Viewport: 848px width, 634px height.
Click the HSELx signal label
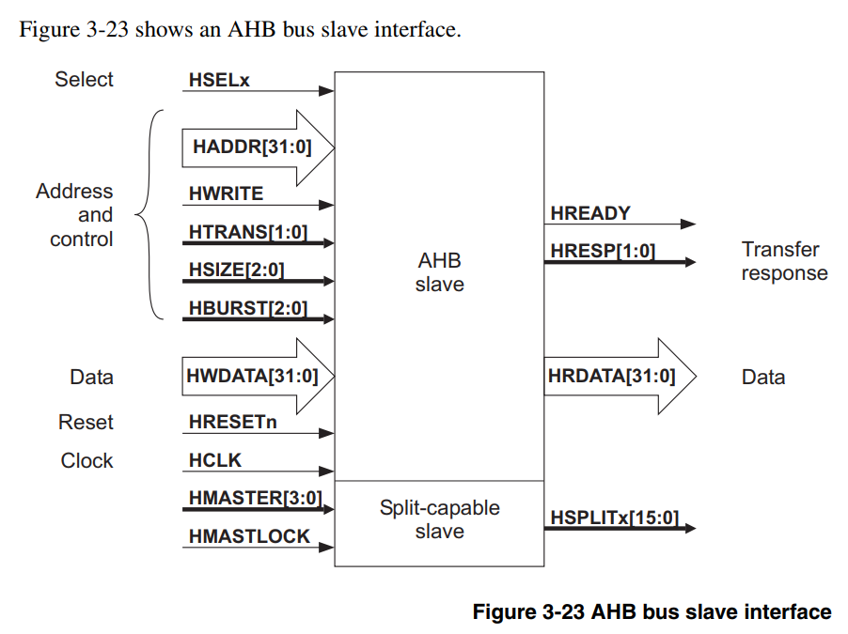219,81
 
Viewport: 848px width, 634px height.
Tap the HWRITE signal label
226,193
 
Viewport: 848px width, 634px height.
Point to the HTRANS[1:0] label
247,231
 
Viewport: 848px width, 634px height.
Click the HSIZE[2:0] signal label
236,270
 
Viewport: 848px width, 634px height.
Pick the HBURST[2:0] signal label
247,307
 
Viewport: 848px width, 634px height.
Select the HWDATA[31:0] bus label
254,377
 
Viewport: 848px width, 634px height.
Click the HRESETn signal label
232,423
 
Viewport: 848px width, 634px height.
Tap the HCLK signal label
215,461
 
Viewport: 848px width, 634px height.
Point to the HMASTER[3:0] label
255,499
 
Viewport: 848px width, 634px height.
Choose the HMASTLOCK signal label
249,536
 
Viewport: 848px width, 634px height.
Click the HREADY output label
590,213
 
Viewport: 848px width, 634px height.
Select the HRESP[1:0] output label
603,251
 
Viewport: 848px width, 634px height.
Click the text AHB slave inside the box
439,271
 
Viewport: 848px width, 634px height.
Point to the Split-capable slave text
439,519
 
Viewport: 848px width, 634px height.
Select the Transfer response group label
783,261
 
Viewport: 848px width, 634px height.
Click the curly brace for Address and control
147,215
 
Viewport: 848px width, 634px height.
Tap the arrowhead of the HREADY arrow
688,224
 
